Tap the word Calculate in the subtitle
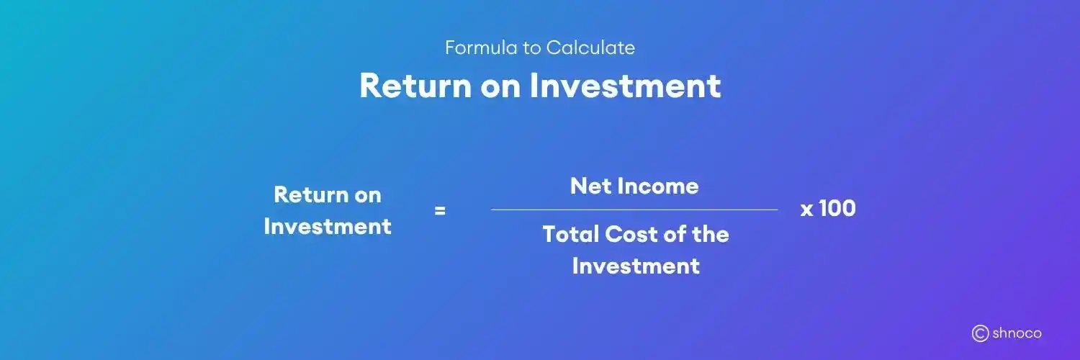(x=590, y=48)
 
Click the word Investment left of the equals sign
(x=328, y=227)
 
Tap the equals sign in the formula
(x=440, y=211)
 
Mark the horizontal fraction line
(x=634, y=210)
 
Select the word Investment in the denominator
(x=636, y=266)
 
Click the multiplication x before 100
(x=806, y=210)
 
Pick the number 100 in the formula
(x=837, y=209)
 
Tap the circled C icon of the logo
(x=979, y=333)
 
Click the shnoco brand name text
(x=1017, y=333)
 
